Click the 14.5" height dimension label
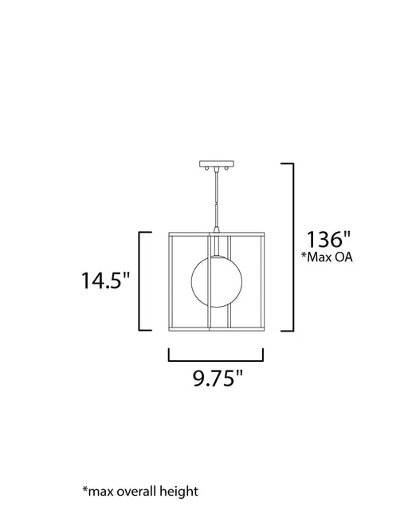click(105, 280)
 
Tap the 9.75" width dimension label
click(218, 378)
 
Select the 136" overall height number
click(328, 239)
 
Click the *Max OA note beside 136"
click(327, 257)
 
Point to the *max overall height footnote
click(140, 492)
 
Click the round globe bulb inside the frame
click(217, 281)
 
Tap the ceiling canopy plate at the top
click(217, 163)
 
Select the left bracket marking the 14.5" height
click(140, 281)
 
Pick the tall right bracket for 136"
click(292, 247)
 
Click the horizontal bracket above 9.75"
click(216, 360)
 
